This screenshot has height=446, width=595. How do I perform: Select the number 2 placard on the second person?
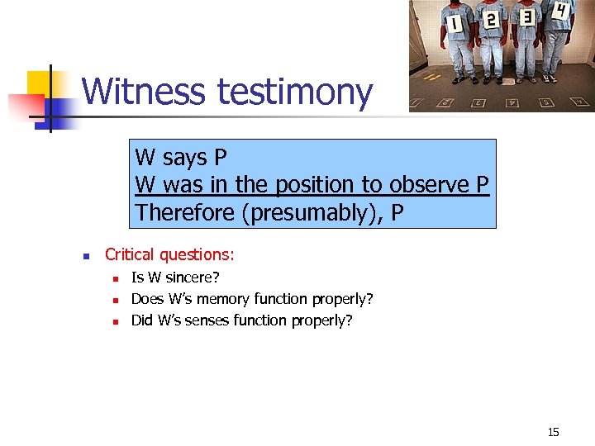point(490,20)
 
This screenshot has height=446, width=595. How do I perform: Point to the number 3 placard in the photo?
point(526,17)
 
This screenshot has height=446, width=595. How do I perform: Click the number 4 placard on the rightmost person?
point(561,12)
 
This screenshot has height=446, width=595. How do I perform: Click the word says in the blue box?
point(186,157)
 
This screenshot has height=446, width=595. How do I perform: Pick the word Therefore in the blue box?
point(185,212)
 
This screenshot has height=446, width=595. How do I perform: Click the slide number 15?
point(554,432)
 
